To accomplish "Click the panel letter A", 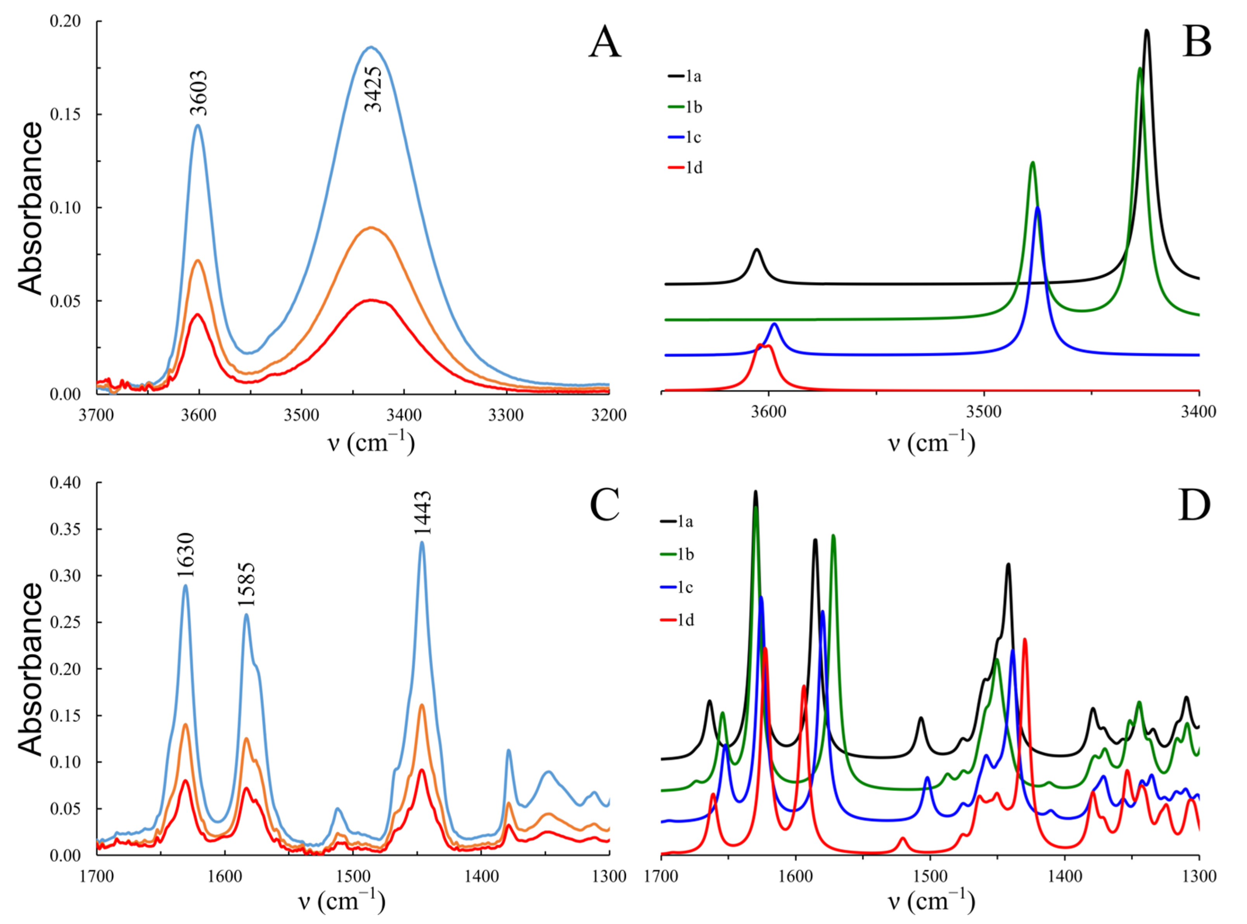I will coord(605,43).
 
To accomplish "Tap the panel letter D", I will coord(1194,505).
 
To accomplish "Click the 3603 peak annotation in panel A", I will coord(199,93).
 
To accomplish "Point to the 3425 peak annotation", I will coord(373,89).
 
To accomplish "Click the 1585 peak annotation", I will coord(246,584).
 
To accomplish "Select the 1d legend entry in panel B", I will coord(685,167).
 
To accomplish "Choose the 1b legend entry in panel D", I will coord(678,554).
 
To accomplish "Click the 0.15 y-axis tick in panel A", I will coord(66,114).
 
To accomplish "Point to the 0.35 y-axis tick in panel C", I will coord(66,529).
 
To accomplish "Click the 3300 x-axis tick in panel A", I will coord(506,415).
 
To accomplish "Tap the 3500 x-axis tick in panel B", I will coord(984,412).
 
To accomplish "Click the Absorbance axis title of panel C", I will coord(31,669).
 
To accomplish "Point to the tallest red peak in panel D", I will coord(1024,639).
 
